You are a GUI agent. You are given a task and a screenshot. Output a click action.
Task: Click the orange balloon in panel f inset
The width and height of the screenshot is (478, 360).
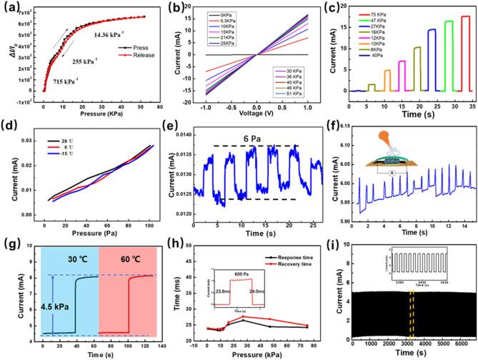pyautogui.click(x=372, y=134)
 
